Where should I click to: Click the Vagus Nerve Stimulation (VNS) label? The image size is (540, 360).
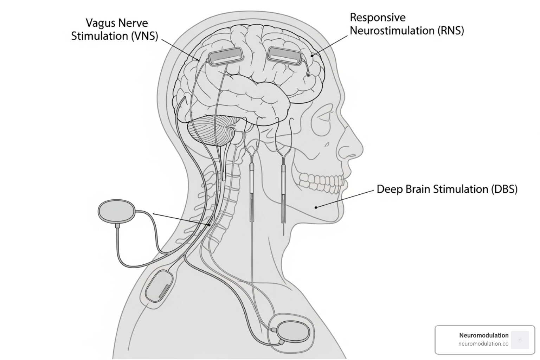pyautogui.click(x=115, y=30)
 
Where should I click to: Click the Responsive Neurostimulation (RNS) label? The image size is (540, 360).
pyautogui.click(x=407, y=24)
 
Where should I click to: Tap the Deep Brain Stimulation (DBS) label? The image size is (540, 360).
pyautogui.click(x=447, y=189)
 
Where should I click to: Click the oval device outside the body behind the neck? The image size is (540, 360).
pyautogui.click(x=116, y=211)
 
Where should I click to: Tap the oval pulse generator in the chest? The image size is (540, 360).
pyautogui.click(x=294, y=331)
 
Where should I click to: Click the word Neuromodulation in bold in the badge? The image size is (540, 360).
pyautogui.click(x=483, y=335)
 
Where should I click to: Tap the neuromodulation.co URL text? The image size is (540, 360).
pyautogui.click(x=483, y=344)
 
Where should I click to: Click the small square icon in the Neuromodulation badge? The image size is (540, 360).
pyautogui.click(x=520, y=340)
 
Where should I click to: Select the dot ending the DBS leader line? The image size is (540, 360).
pyautogui.click(x=316, y=207)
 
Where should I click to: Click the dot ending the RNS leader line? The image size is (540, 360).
pyautogui.click(x=312, y=55)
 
